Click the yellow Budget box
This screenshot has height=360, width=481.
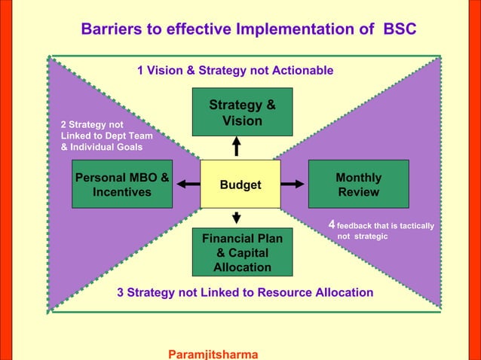tap(240, 185)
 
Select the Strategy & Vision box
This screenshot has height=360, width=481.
tap(242, 112)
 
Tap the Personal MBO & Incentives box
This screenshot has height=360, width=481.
tap(121, 185)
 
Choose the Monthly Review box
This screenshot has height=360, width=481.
tap(358, 185)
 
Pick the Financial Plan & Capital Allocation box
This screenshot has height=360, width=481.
tap(242, 252)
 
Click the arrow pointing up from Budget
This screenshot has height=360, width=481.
tap(237, 145)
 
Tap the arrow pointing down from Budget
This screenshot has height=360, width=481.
tap(237, 218)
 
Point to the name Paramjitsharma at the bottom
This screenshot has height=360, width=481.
tap(213, 353)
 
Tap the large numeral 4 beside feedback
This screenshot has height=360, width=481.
tap(332, 225)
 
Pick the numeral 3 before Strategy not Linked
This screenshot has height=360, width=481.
tap(121, 292)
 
